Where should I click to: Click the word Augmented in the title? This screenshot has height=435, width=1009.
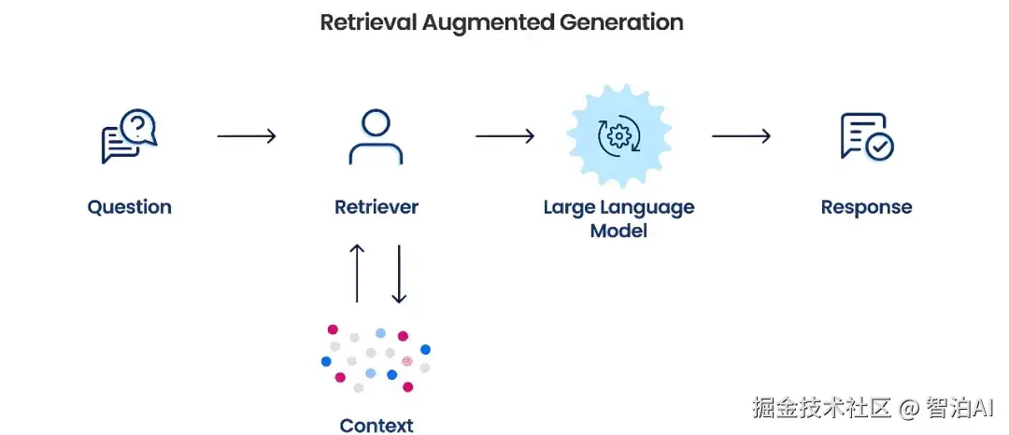487,23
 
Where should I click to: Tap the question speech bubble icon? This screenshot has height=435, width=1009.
129,136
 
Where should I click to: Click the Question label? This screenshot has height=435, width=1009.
129,207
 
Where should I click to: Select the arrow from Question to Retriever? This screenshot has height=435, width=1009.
247,136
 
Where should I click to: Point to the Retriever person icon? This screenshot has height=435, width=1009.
376,136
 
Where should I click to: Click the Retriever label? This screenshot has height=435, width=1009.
377,207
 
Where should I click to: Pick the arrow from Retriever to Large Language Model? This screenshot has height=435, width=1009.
505,136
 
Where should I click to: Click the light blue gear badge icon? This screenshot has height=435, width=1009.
619,135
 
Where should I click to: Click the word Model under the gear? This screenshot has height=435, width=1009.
618,230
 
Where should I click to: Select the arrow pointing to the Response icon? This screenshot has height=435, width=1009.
741,136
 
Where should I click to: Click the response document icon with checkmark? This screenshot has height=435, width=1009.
867,136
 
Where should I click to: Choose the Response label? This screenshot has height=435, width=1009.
866,207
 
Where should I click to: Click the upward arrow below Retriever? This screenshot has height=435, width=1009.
357,274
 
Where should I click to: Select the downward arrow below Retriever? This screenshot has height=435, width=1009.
399,274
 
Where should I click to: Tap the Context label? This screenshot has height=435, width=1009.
377,426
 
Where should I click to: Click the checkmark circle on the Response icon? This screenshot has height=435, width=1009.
879,147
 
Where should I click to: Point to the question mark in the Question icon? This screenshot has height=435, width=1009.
137,126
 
